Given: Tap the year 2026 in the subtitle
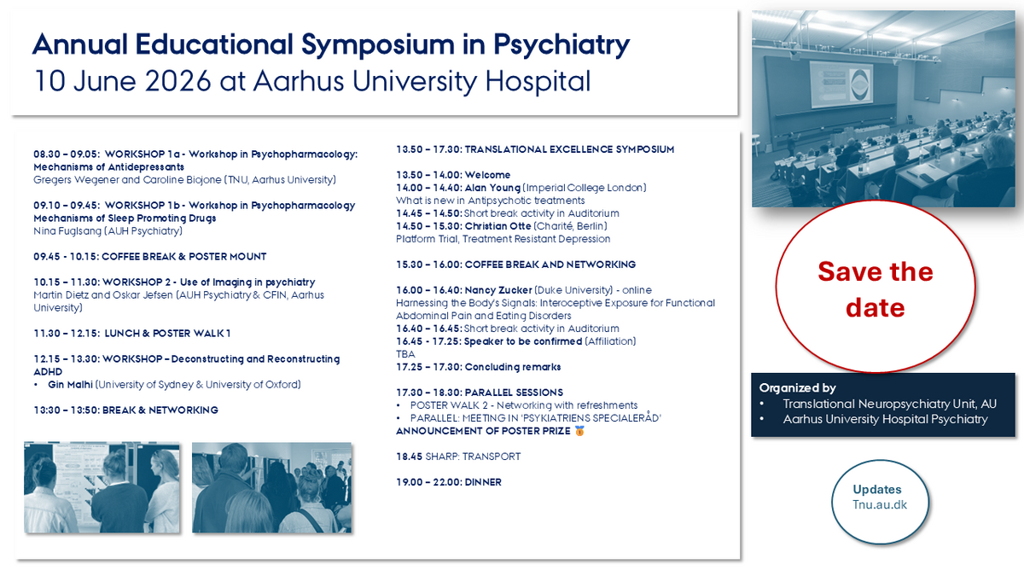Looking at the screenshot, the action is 177,81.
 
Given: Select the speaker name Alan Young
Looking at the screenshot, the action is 492,188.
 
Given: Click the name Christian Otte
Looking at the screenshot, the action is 497,226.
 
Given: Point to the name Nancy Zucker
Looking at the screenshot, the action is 498,290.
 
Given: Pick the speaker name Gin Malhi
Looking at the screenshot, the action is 70,385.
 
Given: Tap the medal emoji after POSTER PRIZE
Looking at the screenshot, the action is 579,431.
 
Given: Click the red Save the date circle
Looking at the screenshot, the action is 876,288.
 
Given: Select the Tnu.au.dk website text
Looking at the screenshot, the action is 880,504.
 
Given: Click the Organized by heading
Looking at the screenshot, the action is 797,388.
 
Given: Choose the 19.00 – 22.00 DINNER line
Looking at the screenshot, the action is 449,482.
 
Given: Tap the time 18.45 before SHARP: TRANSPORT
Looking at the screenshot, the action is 409,457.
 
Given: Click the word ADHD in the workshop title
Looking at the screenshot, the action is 48,372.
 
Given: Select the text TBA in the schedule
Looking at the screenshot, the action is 405,354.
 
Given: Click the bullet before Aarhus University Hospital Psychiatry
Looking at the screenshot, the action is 762,419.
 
